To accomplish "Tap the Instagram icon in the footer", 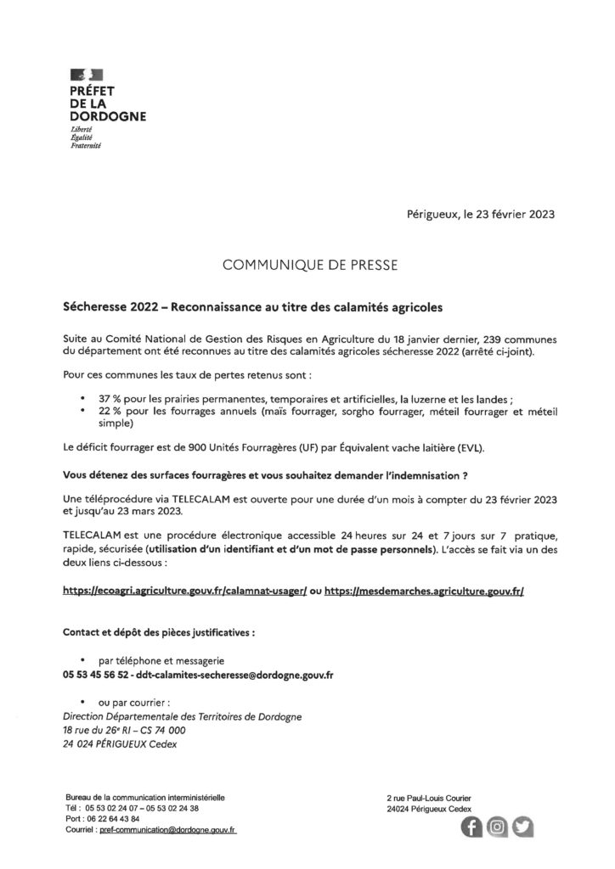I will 499,827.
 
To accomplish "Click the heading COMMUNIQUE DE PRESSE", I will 307,266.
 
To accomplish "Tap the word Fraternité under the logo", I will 86,146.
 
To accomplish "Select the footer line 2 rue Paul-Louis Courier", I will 428,798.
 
